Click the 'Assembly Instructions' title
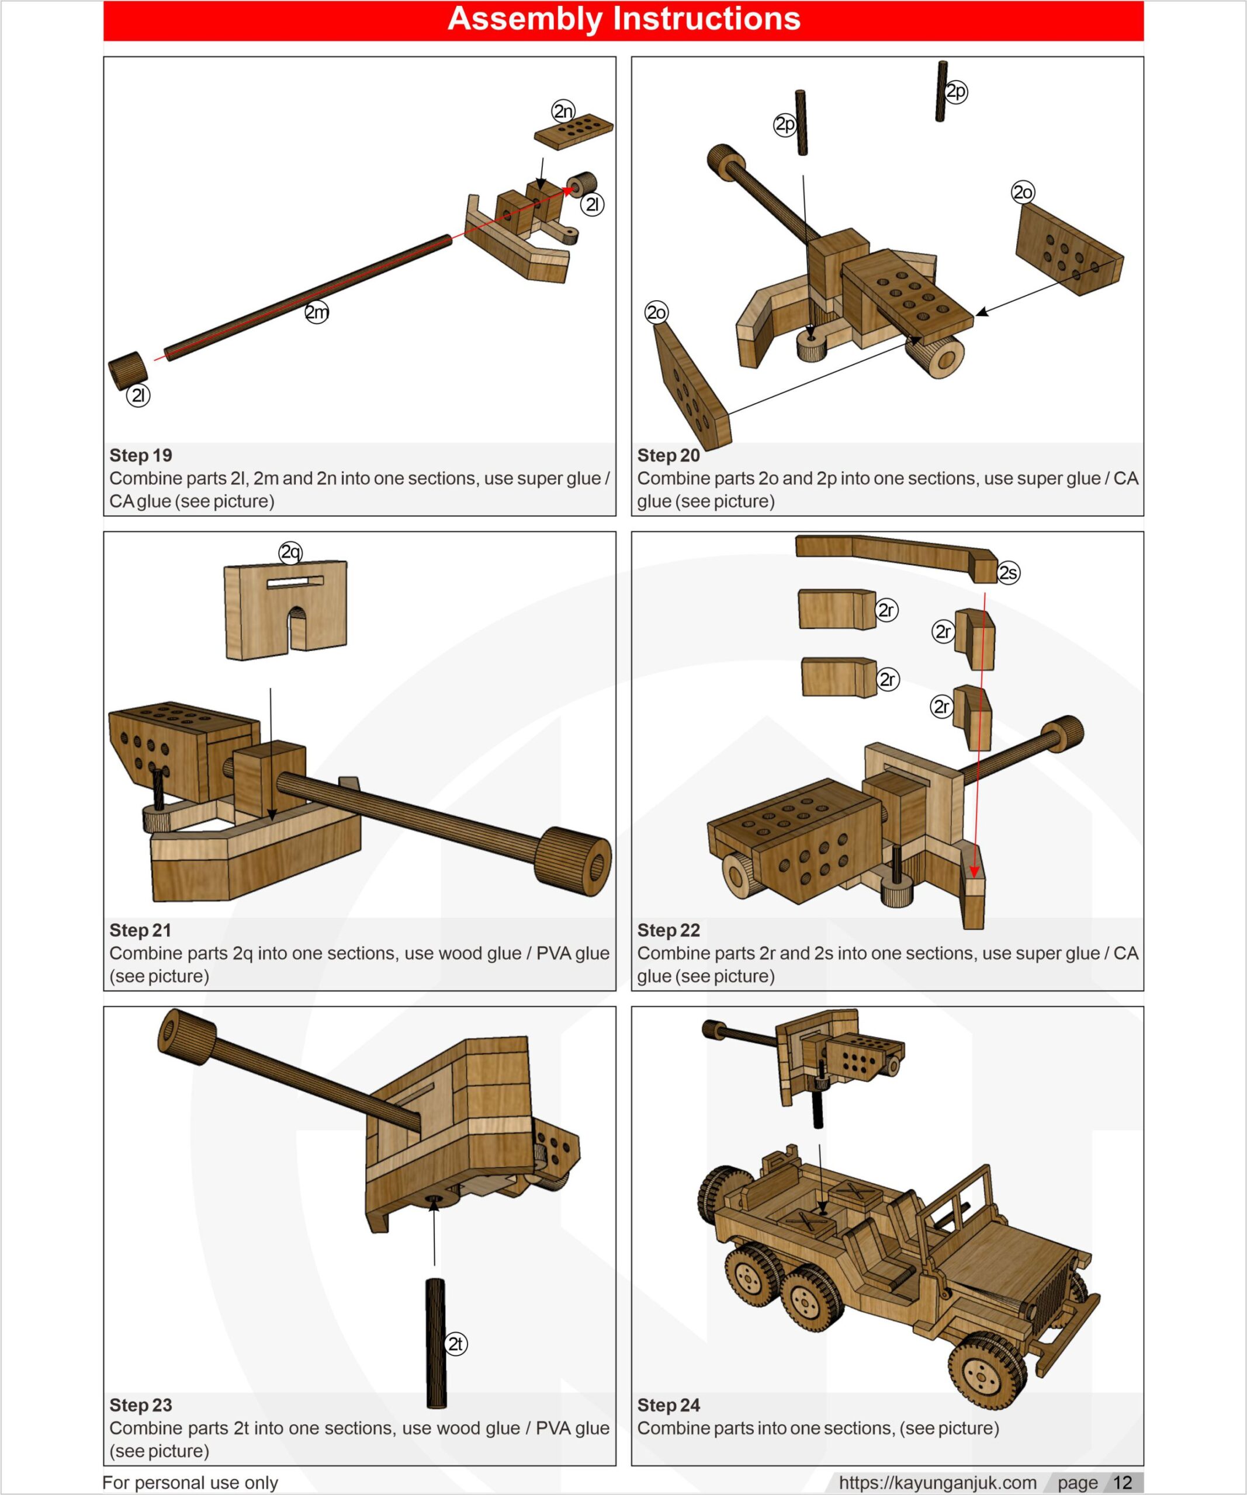[624, 19]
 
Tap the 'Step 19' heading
[140, 456]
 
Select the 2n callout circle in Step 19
[563, 111]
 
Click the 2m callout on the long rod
[317, 312]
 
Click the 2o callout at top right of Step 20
[1023, 192]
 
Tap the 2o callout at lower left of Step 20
[656, 312]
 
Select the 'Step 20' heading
[668, 456]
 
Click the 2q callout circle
[290, 552]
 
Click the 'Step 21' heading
[140, 930]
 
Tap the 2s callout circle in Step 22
[1008, 572]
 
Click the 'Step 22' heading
[668, 930]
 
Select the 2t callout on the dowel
[455, 1344]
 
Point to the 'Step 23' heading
[140, 1405]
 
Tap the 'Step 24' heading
[668, 1405]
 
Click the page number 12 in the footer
[1123, 1483]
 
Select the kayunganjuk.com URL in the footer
[937, 1483]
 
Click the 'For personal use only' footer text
[190, 1483]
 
